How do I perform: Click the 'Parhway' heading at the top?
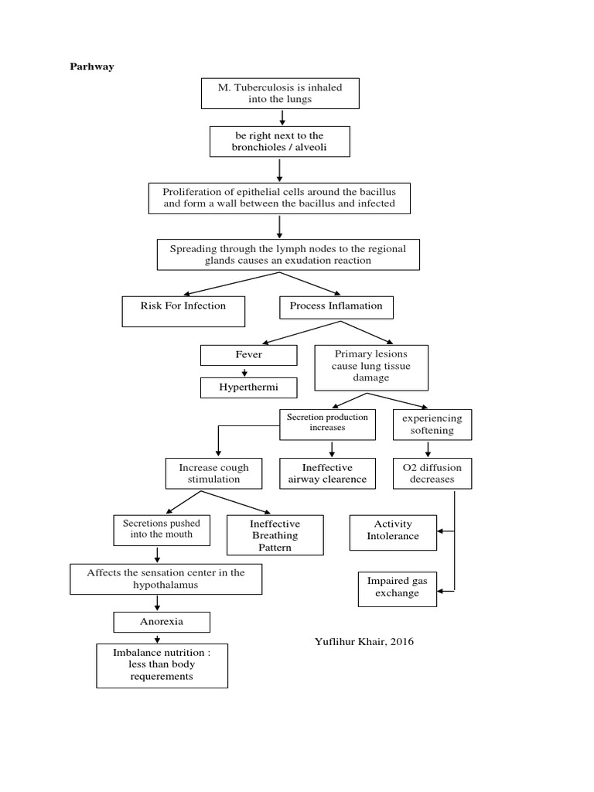pos(92,67)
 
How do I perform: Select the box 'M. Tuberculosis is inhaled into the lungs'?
pos(279,94)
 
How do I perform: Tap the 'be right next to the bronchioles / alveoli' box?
pos(279,142)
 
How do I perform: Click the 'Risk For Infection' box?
pos(183,311)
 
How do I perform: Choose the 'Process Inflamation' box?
pos(336,306)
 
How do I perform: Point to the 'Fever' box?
pos(248,355)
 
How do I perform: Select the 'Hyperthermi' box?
pos(248,387)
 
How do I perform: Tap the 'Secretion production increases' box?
pos(327,422)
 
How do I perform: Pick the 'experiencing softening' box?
pos(432,424)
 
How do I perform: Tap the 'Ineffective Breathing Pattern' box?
pos(275,535)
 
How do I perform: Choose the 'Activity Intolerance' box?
pos(393,530)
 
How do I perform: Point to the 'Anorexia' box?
pos(162,621)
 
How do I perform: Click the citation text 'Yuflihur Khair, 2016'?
pos(359,641)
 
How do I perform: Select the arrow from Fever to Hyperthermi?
pos(244,372)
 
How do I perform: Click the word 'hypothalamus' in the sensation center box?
pos(166,585)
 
